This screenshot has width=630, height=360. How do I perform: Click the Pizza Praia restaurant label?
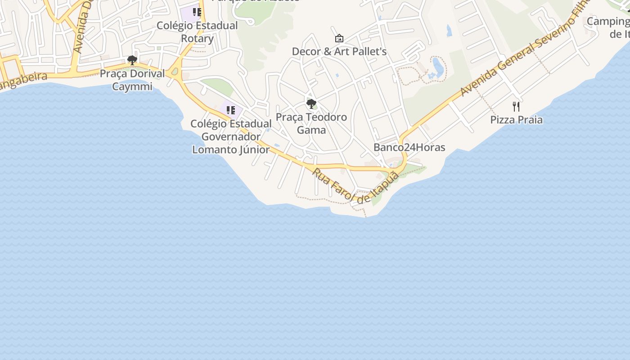coord(516,120)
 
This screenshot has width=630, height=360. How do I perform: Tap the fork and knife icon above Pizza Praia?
coord(516,107)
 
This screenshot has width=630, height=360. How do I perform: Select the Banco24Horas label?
coord(409,147)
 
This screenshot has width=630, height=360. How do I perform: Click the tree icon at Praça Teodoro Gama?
coord(311,104)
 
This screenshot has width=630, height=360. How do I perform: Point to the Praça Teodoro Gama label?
coord(311,123)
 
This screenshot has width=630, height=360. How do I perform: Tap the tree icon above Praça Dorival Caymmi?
coord(132,60)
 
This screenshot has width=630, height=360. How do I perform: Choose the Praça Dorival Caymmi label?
coord(132,80)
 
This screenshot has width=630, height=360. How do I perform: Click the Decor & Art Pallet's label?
coord(339,51)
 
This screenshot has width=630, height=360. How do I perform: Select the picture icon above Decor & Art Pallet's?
coord(339,39)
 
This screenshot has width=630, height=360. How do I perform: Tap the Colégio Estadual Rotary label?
coord(197,31)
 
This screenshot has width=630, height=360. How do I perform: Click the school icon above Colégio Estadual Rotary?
coord(197,12)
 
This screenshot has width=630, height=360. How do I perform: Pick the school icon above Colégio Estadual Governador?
coord(231,110)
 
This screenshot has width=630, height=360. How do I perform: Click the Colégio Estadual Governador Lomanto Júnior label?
coord(231,136)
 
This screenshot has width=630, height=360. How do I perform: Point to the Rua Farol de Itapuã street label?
coord(355,185)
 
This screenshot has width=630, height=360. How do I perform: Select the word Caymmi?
coord(132,86)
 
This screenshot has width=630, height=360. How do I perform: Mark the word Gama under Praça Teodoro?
coord(311,130)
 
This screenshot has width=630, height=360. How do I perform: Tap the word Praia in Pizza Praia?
coord(530,120)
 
